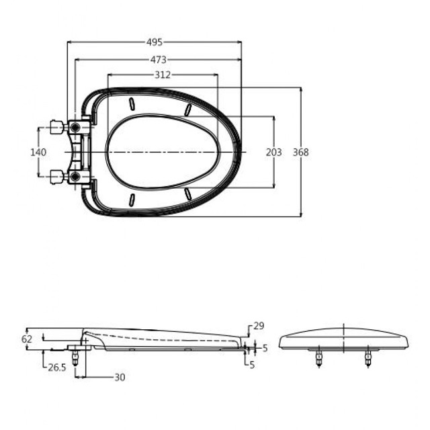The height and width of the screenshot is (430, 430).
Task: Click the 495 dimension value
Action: pyautogui.click(x=155, y=42)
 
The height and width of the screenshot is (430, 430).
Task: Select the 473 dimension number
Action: pyautogui.click(x=159, y=60)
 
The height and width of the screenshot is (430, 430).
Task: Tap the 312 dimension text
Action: pyautogui.click(x=163, y=75)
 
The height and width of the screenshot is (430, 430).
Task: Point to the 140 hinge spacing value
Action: pyautogui.click(x=38, y=153)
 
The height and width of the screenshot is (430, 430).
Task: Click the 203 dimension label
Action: pyautogui.click(x=273, y=153)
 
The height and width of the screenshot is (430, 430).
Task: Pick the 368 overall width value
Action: pyautogui.click(x=300, y=153)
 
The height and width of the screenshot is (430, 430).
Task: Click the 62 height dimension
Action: pyautogui.click(x=27, y=339)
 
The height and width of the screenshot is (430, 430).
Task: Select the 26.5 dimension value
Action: pyautogui.click(x=57, y=368)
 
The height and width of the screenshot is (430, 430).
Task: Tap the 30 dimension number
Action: pyautogui.click(x=120, y=378)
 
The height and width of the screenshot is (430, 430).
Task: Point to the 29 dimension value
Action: pyautogui.click(x=259, y=326)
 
